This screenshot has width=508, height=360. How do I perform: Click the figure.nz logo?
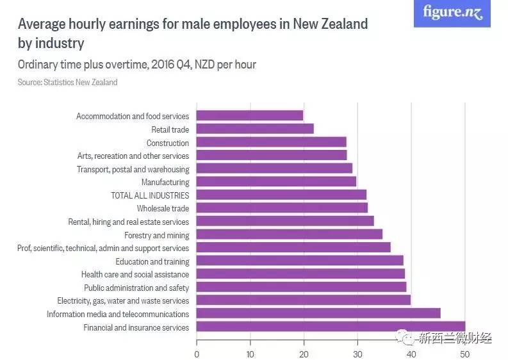452,13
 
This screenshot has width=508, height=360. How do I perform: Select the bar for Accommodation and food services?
249,116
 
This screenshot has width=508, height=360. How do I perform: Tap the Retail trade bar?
254,129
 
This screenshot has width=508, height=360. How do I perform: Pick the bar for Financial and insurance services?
331,327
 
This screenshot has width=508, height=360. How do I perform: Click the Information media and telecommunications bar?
318,313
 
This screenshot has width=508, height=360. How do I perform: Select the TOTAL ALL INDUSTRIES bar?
281,195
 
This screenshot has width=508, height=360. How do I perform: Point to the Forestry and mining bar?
289,234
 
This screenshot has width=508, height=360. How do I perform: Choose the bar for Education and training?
299,261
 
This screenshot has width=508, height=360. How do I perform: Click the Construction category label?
168,143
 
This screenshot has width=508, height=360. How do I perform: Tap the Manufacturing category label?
165,182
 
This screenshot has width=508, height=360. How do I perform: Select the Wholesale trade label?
163,208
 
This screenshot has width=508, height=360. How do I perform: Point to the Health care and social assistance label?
135,274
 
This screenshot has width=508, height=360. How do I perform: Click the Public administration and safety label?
136,288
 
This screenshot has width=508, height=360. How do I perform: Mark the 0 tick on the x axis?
197,354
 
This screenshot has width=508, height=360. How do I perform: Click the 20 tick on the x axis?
304,354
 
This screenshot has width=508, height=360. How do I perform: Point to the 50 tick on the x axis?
465,354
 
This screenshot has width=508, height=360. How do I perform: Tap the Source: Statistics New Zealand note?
67,83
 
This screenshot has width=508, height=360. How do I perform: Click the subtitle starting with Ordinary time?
137,65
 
